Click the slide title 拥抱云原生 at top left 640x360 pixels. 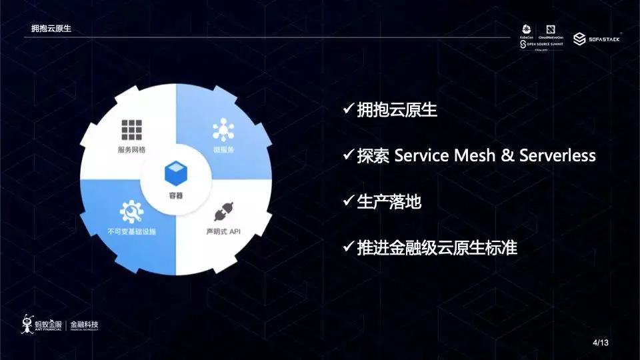tap(51, 29)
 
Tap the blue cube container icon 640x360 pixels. tap(175, 175)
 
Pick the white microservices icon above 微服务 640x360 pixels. tap(223, 129)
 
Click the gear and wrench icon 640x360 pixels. tap(131, 213)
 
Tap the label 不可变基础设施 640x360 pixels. tap(131, 232)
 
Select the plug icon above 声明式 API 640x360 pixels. tap(222, 213)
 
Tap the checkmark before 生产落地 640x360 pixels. tap(348, 201)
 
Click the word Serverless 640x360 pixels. tap(557, 155)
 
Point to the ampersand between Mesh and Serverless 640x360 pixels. tap(507, 155)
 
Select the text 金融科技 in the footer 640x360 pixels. tap(85, 324)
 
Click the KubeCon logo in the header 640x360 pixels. tap(526, 33)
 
